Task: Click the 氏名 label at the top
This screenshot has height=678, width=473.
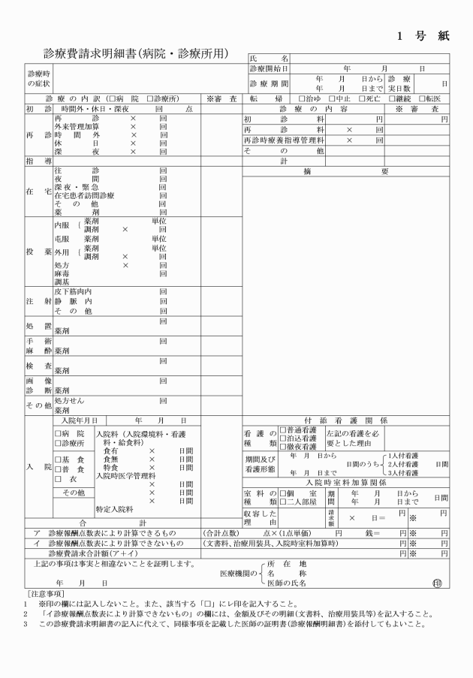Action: tap(268, 58)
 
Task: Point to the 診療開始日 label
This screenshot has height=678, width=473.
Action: tap(269, 68)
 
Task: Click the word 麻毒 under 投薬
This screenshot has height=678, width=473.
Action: tap(62, 274)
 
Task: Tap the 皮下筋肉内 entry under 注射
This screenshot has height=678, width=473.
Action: tap(73, 292)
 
